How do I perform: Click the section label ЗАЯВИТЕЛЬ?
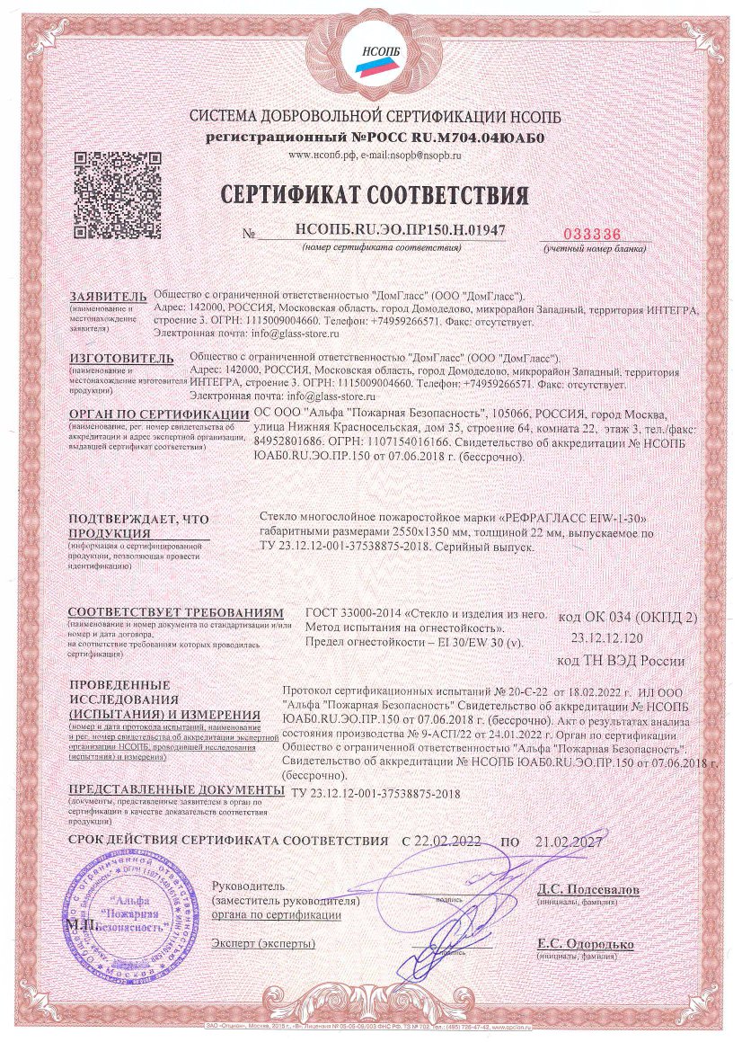(106, 296)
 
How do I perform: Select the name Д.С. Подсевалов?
(587, 890)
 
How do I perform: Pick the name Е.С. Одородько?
(585, 944)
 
